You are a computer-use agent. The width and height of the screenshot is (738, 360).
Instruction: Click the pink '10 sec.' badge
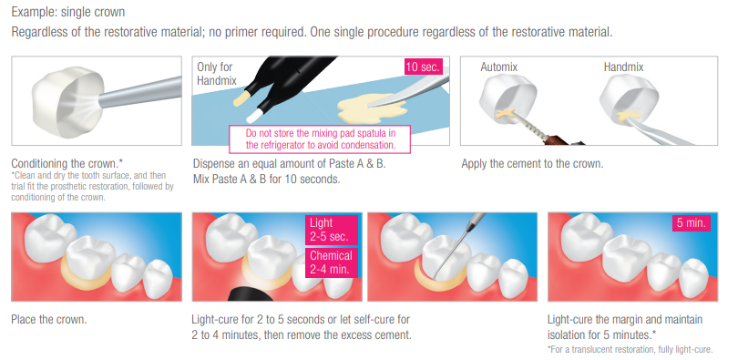click(423, 67)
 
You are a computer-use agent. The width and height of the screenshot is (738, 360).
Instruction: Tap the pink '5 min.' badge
click(691, 222)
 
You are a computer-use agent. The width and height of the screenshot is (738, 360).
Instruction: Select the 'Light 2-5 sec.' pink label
click(332, 230)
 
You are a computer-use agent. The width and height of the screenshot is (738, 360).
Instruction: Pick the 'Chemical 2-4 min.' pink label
click(332, 262)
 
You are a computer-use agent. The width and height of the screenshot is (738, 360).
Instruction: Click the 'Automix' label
click(499, 67)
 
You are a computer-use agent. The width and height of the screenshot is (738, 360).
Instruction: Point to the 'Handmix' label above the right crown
click(623, 67)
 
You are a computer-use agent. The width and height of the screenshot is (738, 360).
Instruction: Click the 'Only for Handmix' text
click(216, 74)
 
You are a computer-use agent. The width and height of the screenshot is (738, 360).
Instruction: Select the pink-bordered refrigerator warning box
click(320, 139)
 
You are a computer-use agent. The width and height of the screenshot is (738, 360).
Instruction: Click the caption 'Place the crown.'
click(49, 320)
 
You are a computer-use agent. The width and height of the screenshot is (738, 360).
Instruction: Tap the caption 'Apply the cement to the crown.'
click(532, 164)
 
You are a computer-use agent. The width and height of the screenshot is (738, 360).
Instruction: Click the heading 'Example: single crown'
click(68, 11)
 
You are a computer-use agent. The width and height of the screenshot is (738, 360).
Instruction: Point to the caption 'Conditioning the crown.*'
click(67, 164)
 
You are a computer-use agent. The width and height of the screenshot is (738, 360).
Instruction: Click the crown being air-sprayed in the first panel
click(68, 98)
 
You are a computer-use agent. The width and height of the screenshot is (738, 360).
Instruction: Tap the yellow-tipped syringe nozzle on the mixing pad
click(241, 98)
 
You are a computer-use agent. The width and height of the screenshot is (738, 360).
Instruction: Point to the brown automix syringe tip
click(557, 139)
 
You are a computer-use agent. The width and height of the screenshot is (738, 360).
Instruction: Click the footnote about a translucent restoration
click(630, 350)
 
